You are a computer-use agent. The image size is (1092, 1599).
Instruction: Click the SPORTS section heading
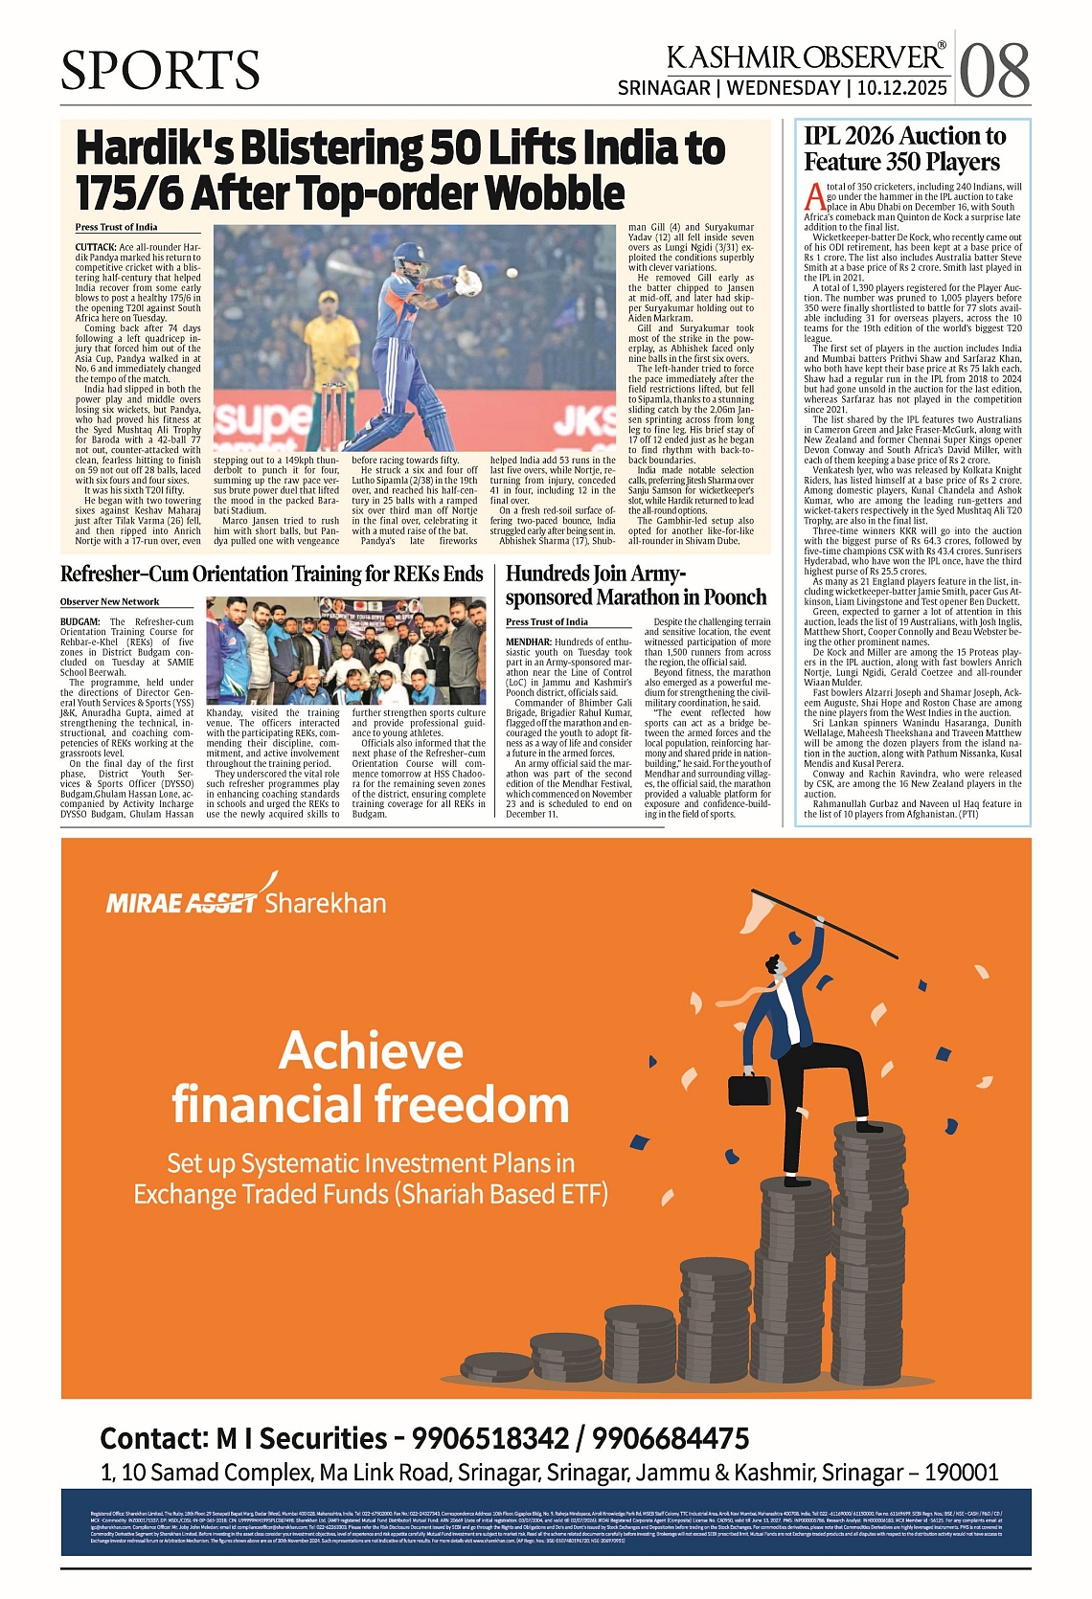[x=160, y=71]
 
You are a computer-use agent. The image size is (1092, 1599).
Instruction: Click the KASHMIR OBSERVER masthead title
[x=806, y=56]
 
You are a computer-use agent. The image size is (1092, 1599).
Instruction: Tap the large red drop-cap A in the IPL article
[x=814, y=196]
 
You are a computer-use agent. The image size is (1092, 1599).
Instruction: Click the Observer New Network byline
[x=109, y=601]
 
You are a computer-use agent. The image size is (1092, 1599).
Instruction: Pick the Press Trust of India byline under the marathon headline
[x=546, y=621]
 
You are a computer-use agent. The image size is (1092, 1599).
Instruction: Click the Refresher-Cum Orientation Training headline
[x=271, y=574]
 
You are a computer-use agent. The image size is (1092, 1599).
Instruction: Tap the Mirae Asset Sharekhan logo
[x=246, y=900]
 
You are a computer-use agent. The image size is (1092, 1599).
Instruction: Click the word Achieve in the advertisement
[x=371, y=1050]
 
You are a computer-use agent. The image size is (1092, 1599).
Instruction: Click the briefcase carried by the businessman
[x=748, y=1087]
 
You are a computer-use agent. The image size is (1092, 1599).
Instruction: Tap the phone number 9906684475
[x=670, y=1438]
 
